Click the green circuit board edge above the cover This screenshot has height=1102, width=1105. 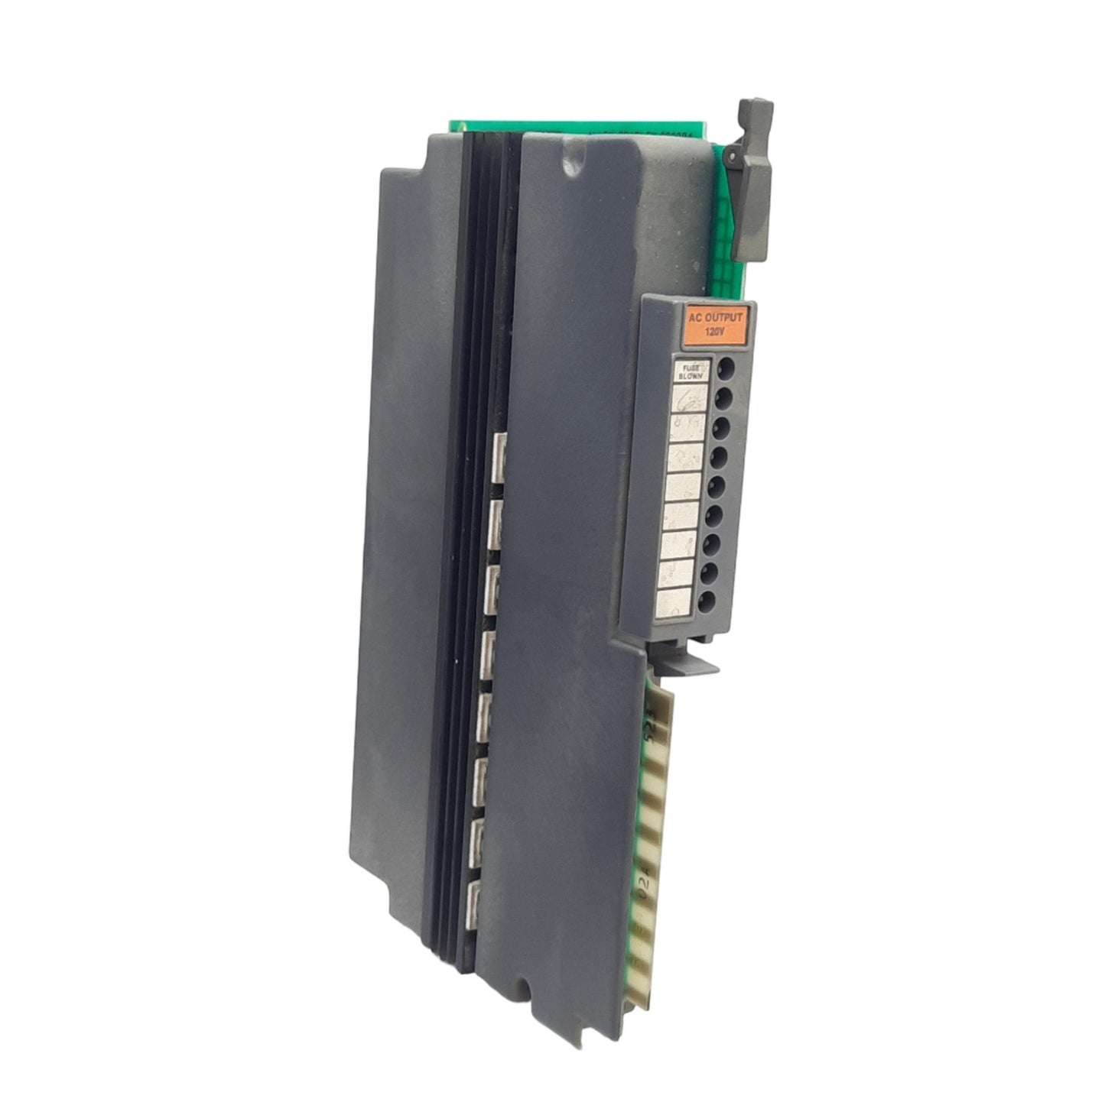[x=581, y=126]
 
